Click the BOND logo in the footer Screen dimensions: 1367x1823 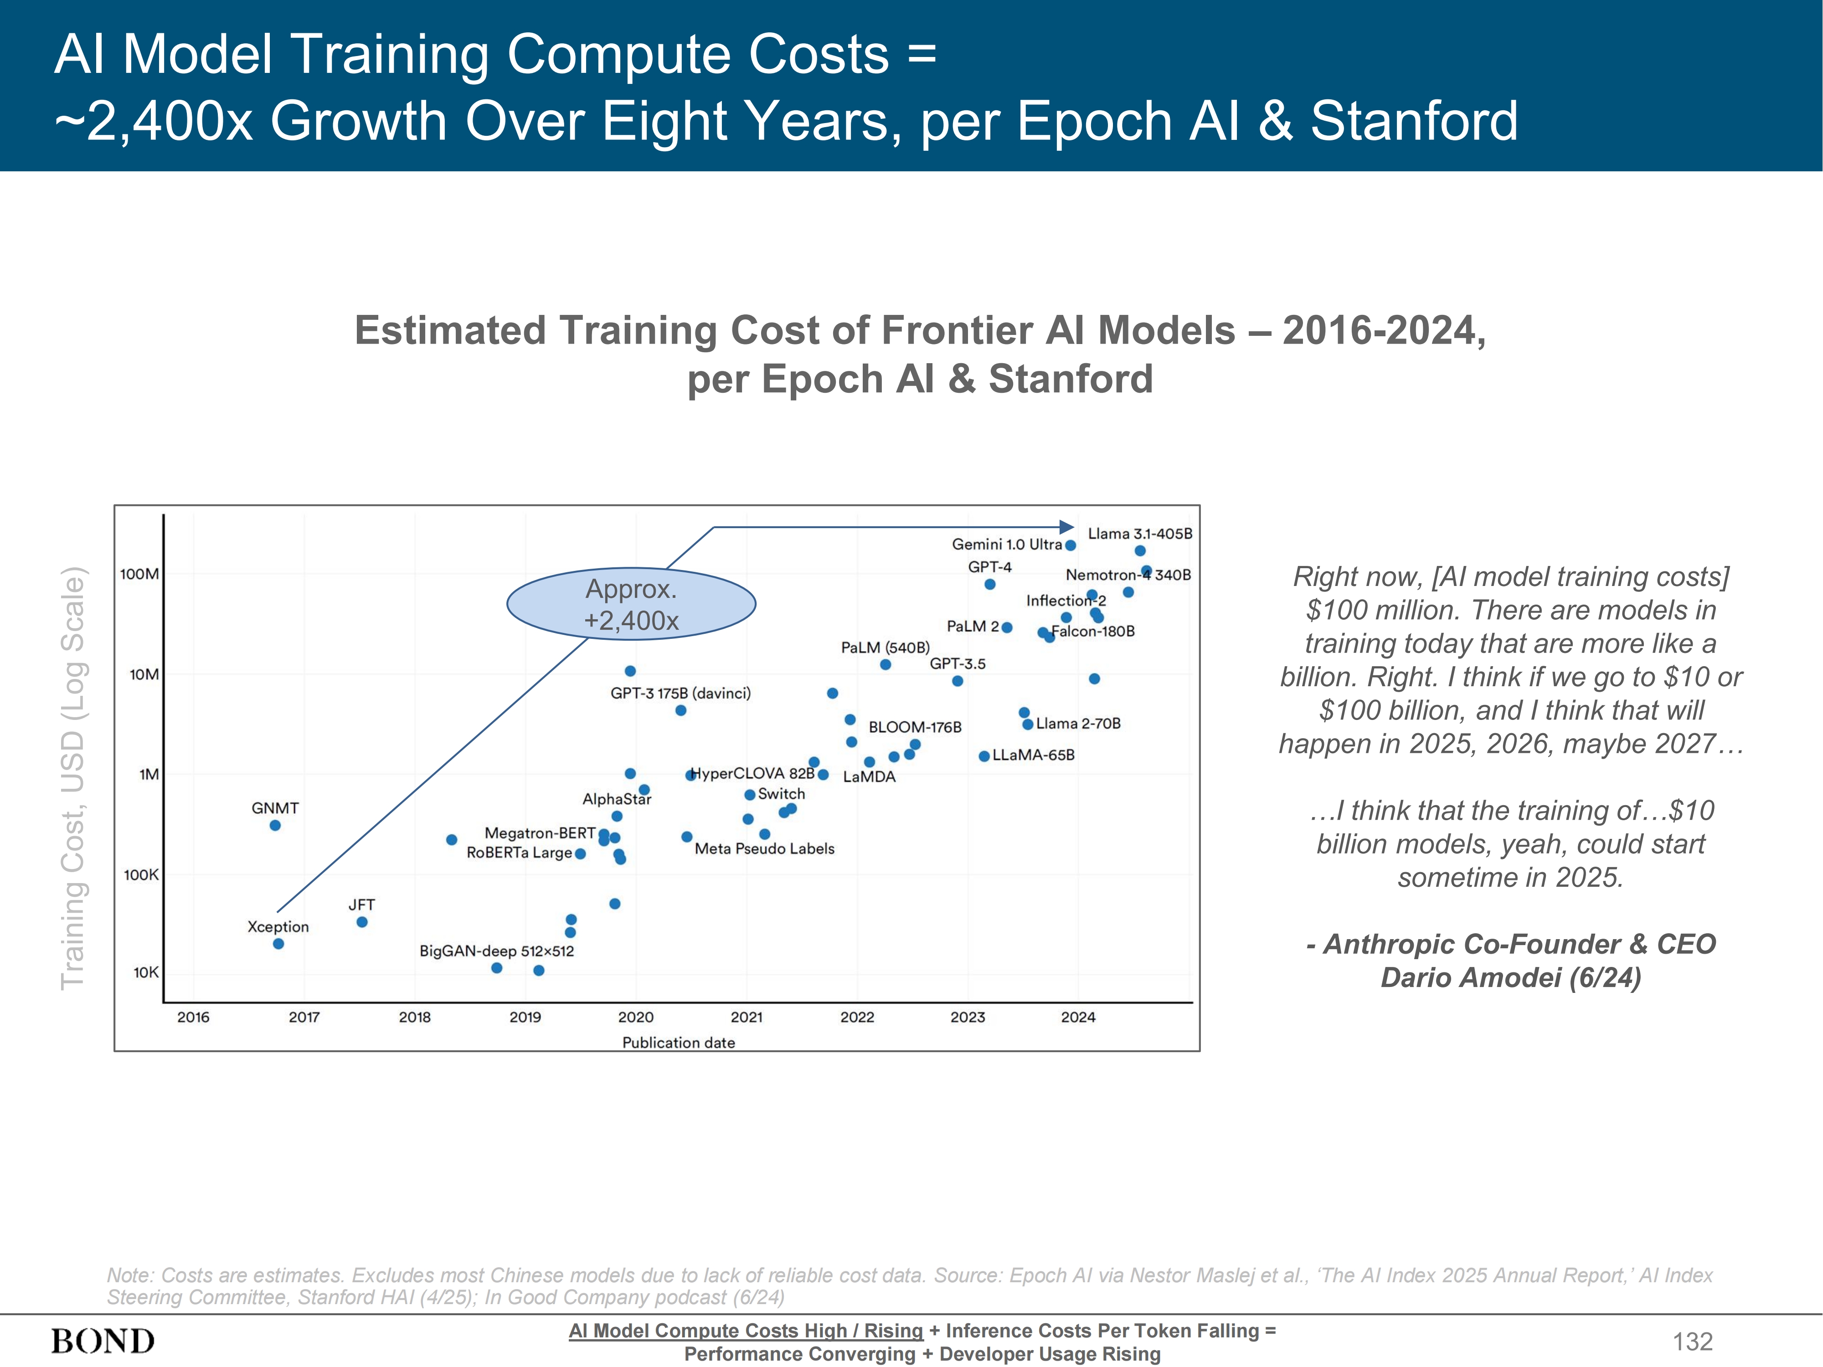pos(103,1341)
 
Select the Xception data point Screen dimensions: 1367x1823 pos(278,944)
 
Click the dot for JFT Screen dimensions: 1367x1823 pos(362,922)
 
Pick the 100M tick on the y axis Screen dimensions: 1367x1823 pos(139,574)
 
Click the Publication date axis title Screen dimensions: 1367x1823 pos(678,1043)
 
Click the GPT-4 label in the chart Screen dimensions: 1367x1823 pos(990,567)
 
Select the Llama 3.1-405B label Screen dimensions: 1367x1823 pos(1140,534)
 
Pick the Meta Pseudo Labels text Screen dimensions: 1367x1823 pos(764,849)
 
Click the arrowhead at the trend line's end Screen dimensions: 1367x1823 pos(1067,527)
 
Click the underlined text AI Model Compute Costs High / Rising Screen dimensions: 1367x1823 pos(746,1331)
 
